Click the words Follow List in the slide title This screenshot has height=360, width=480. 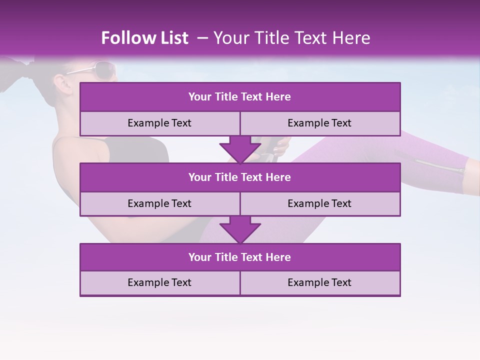(x=145, y=38)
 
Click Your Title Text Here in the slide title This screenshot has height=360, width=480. (x=292, y=38)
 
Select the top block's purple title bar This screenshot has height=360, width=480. (x=240, y=97)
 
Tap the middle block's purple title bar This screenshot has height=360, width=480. (x=240, y=177)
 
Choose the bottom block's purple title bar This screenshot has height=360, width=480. (x=240, y=257)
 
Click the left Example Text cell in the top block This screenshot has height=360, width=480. (x=160, y=123)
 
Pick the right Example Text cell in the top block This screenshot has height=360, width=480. (x=320, y=123)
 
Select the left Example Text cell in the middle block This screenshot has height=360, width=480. (x=160, y=203)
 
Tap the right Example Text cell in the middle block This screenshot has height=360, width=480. (x=320, y=203)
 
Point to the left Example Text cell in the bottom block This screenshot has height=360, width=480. (x=160, y=283)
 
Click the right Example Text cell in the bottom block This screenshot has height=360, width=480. (x=320, y=283)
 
